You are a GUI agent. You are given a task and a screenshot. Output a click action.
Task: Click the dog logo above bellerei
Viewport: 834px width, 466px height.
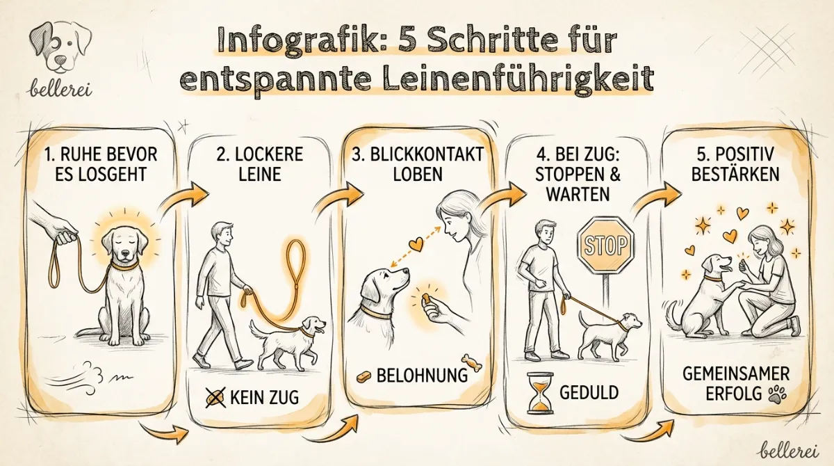pyautogui.click(x=61, y=47)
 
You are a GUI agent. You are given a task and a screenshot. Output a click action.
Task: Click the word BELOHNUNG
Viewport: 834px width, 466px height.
pyautogui.click(x=422, y=376)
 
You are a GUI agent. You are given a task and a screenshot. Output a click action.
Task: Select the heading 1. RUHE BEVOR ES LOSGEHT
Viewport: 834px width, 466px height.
pyautogui.click(x=99, y=163)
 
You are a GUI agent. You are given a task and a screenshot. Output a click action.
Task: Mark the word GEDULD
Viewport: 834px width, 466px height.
pyautogui.click(x=589, y=392)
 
